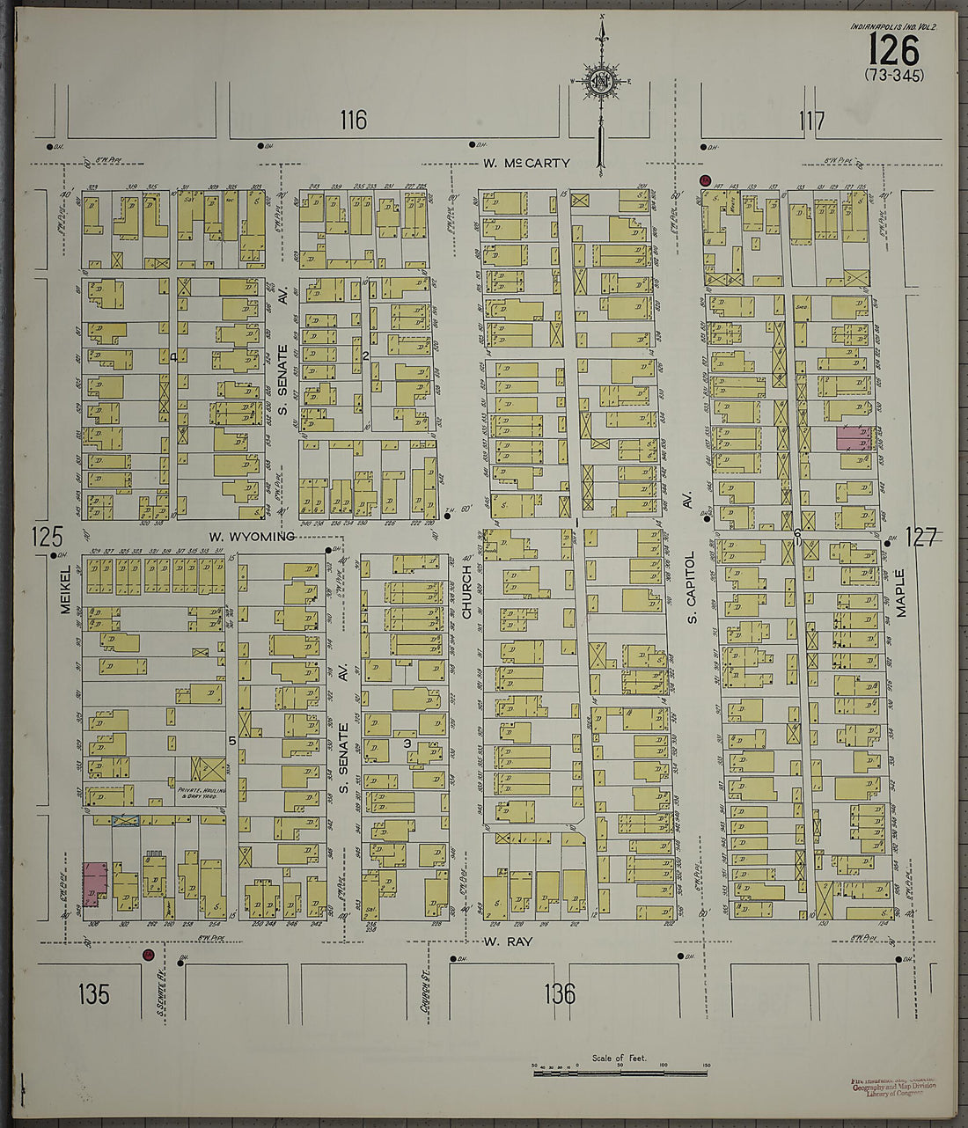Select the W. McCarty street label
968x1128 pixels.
click(x=526, y=163)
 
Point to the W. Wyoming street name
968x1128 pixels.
click(x=251, y=536)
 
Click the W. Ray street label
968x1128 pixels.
click(x=508, y=941)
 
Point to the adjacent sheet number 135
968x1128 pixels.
click(x=93, y=994)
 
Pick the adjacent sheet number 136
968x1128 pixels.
click(x=560, y=994)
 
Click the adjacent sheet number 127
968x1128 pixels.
click(x=920, y=537)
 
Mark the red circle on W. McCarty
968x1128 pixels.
click(x=704, y=180)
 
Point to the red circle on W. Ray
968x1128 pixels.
click(x=148, y=954)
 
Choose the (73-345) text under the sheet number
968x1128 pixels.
click(x=894, y=76)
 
